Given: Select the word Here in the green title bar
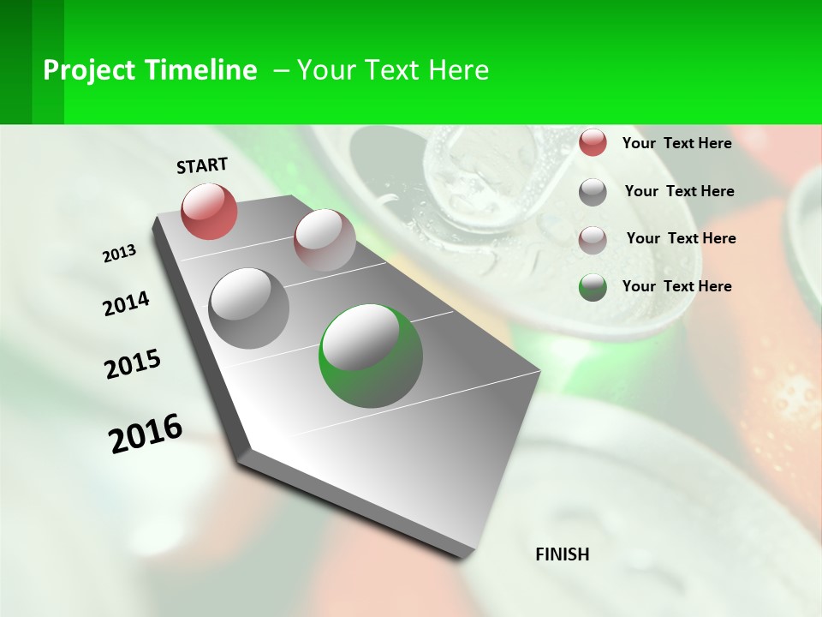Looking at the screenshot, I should [x=457, y=70].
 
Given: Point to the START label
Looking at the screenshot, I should [x=202, y=165].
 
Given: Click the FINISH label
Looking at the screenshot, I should [x=562, y=554].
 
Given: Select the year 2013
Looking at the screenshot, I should [x=119, y=254].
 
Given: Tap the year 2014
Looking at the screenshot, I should [x=126, y=303].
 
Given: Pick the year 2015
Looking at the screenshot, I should [x=133, y=364].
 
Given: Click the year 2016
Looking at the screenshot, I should [x=146, y=434].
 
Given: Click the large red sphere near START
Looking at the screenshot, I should [x=209, y=211].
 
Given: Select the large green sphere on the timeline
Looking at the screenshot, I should [x=371, y=356].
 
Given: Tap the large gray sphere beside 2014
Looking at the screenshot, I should [x=248, y=308].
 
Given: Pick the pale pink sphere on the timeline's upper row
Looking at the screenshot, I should [x=325, y=239].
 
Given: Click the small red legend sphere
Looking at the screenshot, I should [x=593, y=142].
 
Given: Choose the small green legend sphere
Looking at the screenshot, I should [x=593, y=287].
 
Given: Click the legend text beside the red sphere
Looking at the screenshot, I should [x=676, y=143].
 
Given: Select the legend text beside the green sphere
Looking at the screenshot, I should [x=676, y=286].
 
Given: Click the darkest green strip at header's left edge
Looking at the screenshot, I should [x=15, y=62].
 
